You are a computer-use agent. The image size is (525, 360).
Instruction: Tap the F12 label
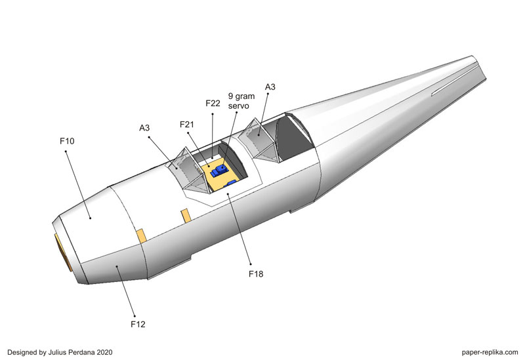pyautogui.click(x=138, y=324)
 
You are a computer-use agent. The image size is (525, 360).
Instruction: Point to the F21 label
pyautogui.click(x=188, y=125)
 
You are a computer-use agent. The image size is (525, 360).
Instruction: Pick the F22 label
pyautogui.click(x=213, y=104)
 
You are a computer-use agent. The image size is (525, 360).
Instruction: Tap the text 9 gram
pyautogui.click(x=241, y=94)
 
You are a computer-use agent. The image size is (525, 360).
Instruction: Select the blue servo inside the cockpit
pyautogui.click(x=219, y=170)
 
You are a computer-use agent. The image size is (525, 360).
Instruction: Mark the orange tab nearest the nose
pyautogui.click(x=140, y=235)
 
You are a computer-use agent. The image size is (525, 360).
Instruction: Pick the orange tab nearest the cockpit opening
pyautogui.click(x=186, y=215)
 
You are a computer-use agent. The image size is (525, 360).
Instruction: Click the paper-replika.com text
pyautogui.click(x=486, y=351)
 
